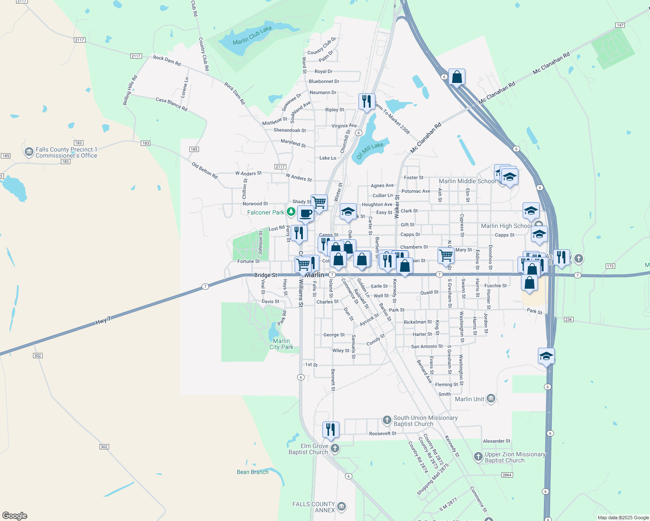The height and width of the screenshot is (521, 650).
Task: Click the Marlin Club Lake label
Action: tap(252, 36)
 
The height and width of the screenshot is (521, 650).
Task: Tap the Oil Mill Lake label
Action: tap(370, 151)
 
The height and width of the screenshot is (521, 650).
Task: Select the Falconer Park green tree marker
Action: tap(291, 212)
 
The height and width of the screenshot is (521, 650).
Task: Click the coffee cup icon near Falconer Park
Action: tap(305, 214)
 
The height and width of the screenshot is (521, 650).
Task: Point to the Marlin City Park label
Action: tap(281, 344)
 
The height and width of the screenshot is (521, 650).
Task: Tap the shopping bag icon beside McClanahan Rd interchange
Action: tap(457, 77)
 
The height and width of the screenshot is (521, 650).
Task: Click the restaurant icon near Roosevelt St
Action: tap(331, 429)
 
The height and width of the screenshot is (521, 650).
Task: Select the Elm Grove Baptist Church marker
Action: tap(334, 448)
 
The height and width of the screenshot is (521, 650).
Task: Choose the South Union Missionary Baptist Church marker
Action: tap(387, 420)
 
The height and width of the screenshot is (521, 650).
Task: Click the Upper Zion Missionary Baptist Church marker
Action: tap(478, 456)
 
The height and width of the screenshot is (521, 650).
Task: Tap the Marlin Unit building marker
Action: tap(491, 399)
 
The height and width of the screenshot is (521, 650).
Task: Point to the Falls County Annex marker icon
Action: tap(342, 506)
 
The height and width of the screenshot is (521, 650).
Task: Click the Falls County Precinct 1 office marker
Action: tap(29, 152)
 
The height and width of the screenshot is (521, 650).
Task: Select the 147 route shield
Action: tap(620, 25)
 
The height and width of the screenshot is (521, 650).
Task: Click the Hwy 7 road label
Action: tap(103, 321)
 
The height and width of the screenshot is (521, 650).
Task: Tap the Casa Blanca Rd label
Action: tap(171, 104)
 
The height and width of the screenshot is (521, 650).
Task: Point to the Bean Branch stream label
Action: tap(252, 472)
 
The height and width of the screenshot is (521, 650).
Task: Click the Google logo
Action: tap(15, 515)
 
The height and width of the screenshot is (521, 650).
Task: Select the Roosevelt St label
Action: tap(382, 433)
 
